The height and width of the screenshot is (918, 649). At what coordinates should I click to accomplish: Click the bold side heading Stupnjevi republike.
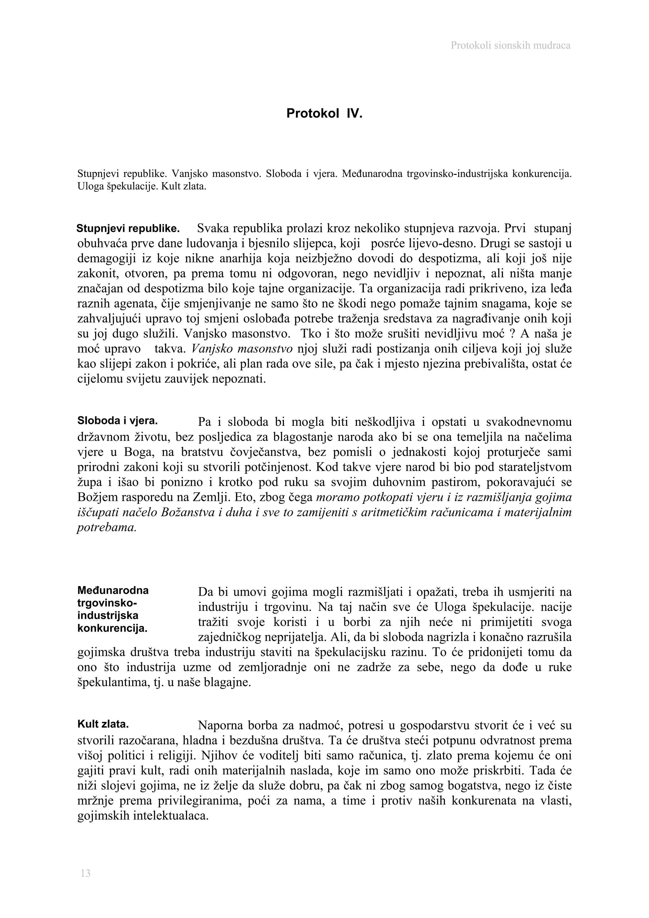[128, 229]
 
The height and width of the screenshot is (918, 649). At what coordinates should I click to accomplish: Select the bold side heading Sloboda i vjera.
[117, 420]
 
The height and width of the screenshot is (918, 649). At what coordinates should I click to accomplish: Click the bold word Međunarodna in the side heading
[113, 590]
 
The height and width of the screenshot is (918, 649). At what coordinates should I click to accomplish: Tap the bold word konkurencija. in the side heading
[112, 628]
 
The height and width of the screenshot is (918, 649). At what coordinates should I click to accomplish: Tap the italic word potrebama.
[107, 528]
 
